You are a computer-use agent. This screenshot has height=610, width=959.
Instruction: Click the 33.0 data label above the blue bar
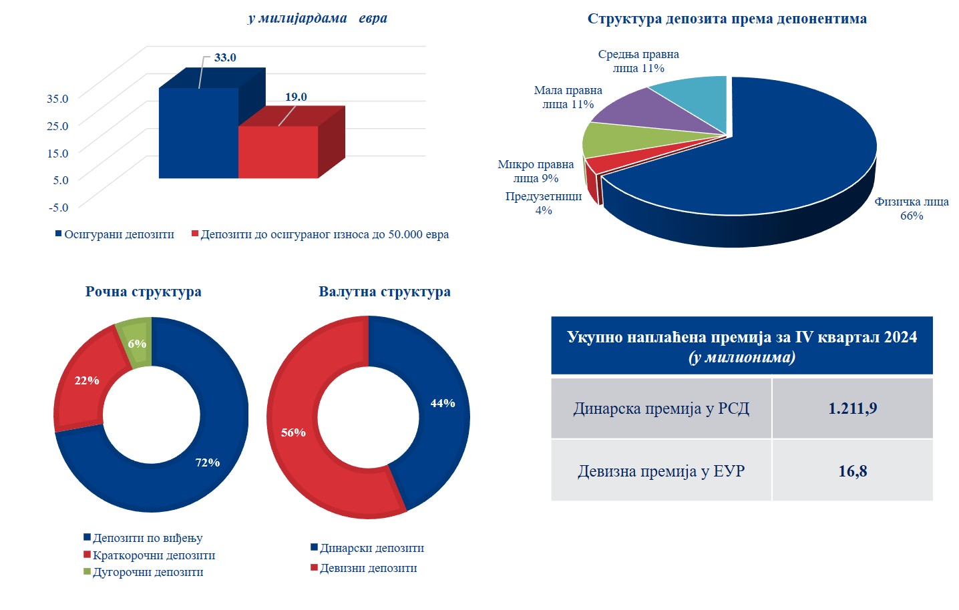225,57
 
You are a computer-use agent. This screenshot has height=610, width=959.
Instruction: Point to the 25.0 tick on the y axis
57,125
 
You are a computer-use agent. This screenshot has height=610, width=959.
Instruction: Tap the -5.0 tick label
58,207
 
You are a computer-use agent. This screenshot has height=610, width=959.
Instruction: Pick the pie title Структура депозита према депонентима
727,19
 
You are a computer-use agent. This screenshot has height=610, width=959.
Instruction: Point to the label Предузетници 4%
543,203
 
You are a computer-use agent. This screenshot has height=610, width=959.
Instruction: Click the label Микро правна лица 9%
536,171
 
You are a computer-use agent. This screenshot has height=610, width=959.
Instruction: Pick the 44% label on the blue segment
442,403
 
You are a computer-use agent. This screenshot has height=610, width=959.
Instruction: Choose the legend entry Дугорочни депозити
148,572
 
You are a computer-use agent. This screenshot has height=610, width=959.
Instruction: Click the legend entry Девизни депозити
368,568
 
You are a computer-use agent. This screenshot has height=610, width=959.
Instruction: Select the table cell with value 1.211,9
852,408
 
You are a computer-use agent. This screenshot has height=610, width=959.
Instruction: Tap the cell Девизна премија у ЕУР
660,471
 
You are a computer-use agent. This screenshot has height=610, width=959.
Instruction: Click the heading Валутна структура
384,292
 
